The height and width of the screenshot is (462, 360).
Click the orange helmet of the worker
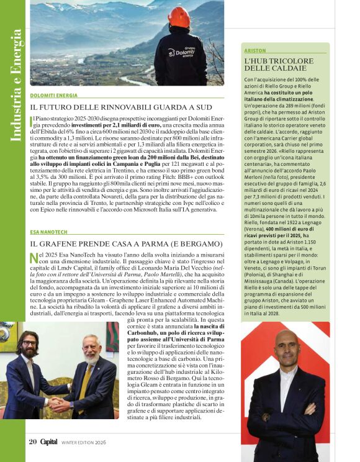tap(180, 17)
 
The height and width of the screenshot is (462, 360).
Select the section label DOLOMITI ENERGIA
tap(54, 96)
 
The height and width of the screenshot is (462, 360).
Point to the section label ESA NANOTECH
tap(49, 232)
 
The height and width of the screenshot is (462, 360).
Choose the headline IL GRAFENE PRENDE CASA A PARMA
tap(126, 243)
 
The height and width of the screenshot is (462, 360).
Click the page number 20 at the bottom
tap(33, 442)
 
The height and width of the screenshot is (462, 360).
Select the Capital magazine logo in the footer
tap(50, 442)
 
